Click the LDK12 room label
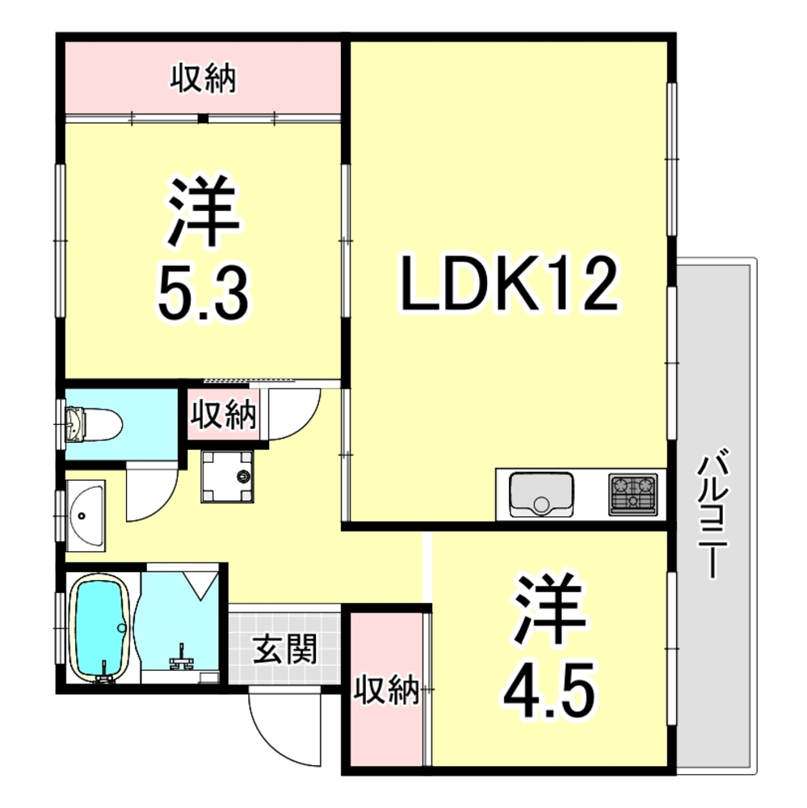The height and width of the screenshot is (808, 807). tap(510, 286)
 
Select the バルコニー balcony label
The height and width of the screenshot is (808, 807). tap(710, 516)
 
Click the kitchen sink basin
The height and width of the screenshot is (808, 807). tap(540, 494)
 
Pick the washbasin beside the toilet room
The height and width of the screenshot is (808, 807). tap(84, 514)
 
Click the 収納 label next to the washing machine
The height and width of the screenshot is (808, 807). tap(223, 415)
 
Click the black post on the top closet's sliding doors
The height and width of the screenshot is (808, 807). tap(204, 120)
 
